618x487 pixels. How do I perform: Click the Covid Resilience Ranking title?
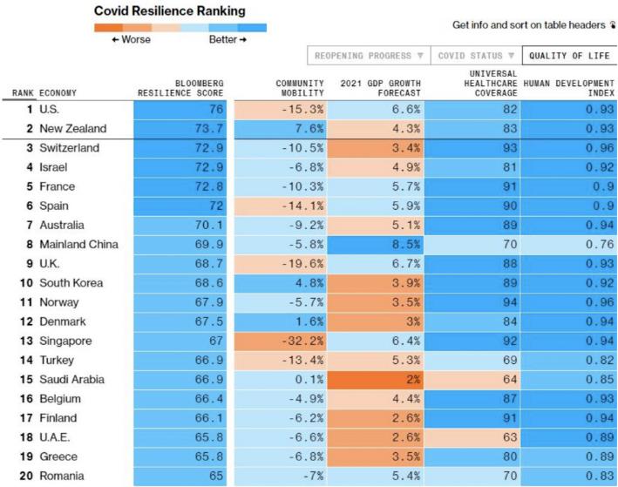(168, 11)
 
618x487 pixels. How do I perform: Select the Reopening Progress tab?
(370, 56)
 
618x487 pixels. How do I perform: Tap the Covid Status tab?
(474, 56)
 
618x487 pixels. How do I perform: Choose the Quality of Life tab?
(569, 56)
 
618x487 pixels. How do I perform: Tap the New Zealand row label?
(73, 128)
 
